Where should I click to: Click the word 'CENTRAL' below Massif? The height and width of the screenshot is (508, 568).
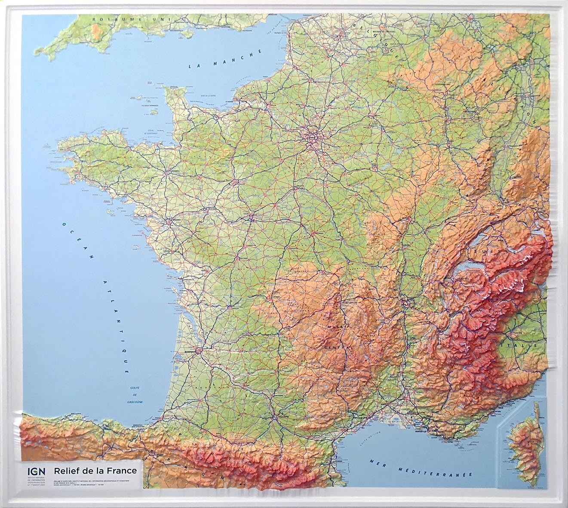(x=340, y=347)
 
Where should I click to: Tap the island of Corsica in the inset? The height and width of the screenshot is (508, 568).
(x=524, y=439)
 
